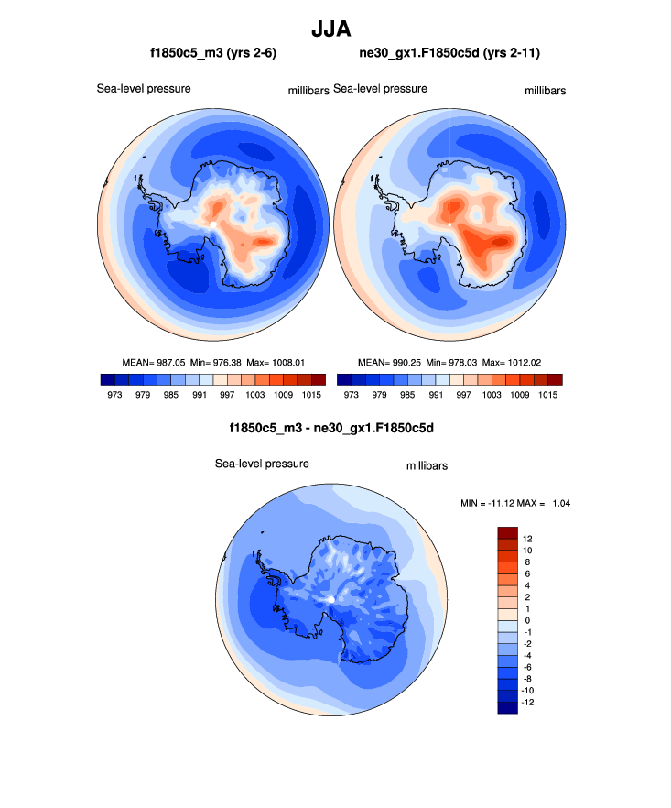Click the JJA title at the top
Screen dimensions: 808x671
(x=335, y=29)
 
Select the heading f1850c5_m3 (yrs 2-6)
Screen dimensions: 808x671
(x=213, y=54)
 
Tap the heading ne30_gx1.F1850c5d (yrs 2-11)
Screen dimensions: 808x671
(x=449, y=54)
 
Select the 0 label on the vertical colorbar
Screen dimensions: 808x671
(x=527, y=621)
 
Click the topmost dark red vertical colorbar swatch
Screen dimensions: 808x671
(x=508, y=532)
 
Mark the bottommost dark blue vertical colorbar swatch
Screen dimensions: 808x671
(x=508, y=707)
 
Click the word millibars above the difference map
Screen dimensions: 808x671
(x=427, y=466)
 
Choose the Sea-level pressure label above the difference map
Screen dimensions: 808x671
(x=262, y=464)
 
